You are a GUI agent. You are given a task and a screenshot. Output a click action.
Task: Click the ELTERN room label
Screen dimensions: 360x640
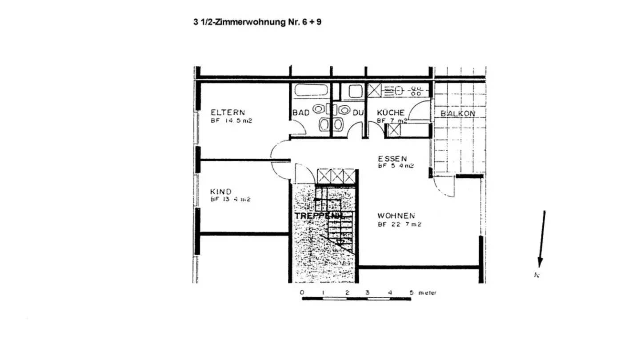pos(228,112)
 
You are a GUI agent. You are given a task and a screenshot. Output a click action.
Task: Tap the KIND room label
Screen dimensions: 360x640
pos(221,192)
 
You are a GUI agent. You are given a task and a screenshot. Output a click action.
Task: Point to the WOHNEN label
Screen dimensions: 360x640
pos(396,216)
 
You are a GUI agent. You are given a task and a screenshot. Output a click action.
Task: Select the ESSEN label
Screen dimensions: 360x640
pos(392,158)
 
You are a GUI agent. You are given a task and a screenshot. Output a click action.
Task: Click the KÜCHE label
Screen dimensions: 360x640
pos(391,113)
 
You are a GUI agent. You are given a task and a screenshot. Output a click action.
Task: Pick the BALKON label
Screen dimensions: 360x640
pos(458,114)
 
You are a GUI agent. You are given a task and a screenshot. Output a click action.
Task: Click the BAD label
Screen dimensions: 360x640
pos(301,113)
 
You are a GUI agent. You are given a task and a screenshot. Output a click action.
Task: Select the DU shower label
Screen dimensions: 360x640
pos(358,113)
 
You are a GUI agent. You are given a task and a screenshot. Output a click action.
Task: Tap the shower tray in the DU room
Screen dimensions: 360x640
pos(356,92)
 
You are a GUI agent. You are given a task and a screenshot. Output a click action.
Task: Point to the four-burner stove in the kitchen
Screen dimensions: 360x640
pos(416,91)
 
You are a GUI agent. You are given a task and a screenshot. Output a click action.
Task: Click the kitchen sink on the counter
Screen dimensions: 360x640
pos(393,91)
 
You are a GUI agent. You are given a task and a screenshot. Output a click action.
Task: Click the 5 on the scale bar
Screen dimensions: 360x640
pos(411,293)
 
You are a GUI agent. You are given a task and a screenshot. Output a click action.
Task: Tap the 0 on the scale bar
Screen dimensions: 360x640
pos(302,293)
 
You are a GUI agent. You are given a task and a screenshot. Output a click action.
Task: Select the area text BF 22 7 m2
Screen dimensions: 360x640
pos(400,224)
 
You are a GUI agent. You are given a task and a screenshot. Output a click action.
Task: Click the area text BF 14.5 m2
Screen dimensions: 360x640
pos(231,120)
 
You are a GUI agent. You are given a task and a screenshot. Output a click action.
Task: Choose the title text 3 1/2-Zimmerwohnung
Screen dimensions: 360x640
pos(237,22)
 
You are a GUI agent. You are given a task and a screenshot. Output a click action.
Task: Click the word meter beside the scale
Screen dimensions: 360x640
pos(427,293)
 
